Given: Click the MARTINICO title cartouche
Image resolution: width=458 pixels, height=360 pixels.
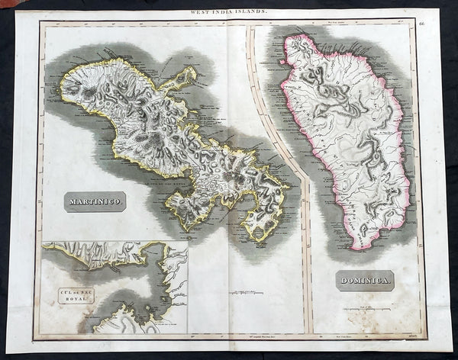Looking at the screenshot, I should (x=95, y=201).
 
